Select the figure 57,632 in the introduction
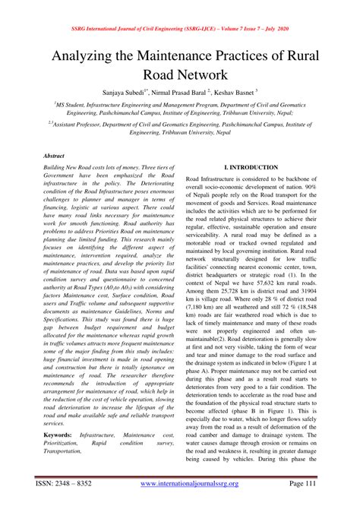[262, 283]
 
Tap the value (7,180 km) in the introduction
[205, 311]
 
